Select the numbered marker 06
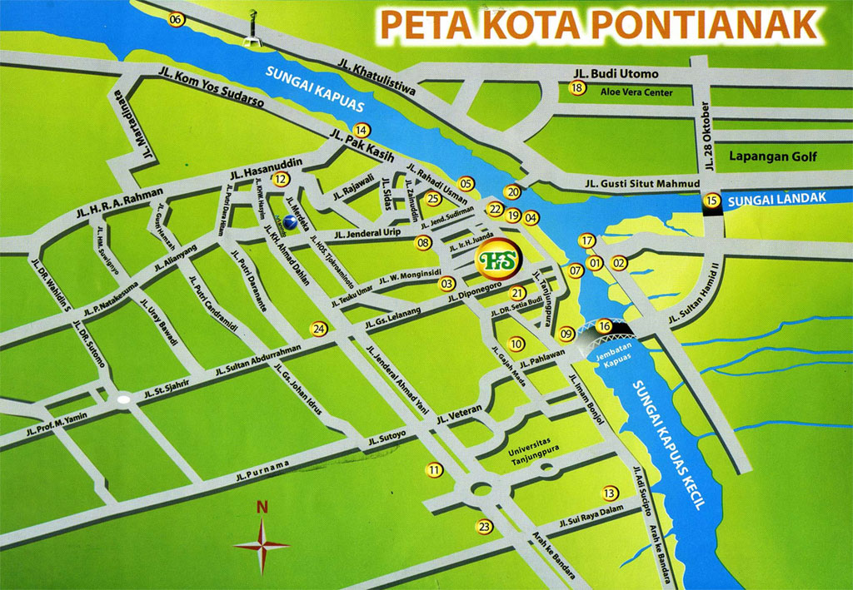176,20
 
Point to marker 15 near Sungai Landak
711,200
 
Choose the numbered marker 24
318,329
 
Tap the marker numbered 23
485,526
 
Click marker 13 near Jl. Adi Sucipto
611,493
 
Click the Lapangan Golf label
773,156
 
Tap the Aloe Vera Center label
636,93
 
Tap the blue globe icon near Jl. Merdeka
289,222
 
